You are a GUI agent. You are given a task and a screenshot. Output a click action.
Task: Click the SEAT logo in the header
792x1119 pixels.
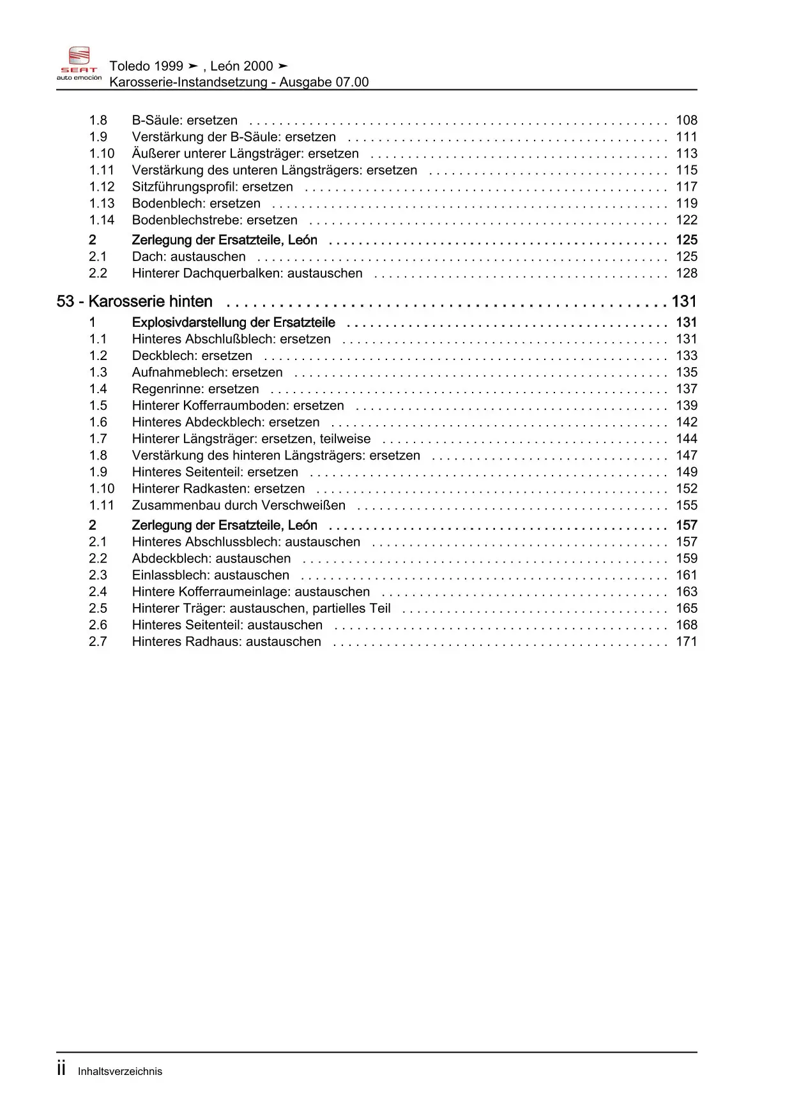coord(79,63)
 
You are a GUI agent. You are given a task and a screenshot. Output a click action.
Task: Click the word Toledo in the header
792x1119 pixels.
coord(129,66)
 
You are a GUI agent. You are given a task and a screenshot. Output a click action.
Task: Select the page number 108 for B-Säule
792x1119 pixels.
coord(687,120)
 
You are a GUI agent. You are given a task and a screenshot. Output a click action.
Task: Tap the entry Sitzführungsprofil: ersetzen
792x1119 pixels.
coord(212,186)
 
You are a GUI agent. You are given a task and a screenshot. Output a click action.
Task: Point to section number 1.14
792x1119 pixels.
coord(102,220)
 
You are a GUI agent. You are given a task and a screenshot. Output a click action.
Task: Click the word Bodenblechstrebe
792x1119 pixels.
coord(187,220)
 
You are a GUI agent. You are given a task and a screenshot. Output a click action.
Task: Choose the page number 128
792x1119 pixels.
coord(687,273)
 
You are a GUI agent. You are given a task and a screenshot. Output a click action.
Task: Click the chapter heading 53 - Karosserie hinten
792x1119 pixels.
coord(135,301)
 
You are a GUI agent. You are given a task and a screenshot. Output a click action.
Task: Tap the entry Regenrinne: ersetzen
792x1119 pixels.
coord(195,389)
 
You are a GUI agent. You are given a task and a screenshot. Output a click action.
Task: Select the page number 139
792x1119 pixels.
coord(687,405)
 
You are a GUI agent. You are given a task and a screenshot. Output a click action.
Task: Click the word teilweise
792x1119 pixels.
coord(345,439)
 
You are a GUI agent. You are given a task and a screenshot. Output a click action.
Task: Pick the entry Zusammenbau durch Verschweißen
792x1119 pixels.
coord(238,505)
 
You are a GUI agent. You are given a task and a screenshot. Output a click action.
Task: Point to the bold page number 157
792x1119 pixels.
coord(687,525)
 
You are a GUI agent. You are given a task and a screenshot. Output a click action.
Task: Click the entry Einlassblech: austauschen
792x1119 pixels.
coord(210,575)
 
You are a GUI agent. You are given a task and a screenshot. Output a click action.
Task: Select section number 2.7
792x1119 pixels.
coord(98,641)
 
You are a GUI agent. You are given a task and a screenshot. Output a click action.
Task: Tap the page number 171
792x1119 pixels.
coord(687,641)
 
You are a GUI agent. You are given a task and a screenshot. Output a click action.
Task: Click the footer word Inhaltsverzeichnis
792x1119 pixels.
coord(120,1071)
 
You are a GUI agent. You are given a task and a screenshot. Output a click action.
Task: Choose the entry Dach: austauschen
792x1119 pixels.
coord(188,256)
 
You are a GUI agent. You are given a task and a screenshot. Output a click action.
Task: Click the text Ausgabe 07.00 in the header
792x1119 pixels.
coord(324,82)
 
